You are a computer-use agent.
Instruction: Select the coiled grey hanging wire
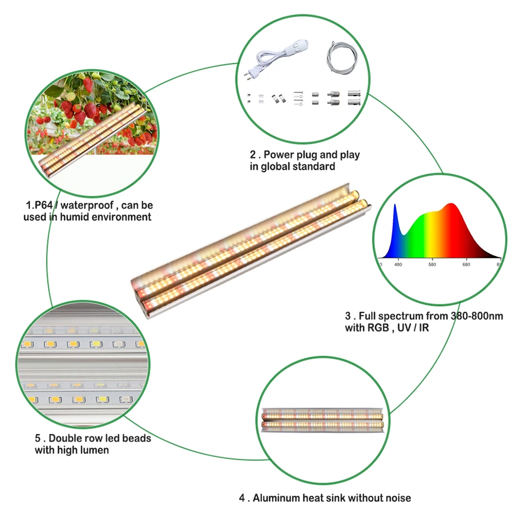341,57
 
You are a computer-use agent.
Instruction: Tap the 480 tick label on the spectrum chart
398,265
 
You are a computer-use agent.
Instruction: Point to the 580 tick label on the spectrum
432,265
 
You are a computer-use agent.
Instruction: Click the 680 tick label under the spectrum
466,265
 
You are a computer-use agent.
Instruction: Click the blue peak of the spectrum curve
395,205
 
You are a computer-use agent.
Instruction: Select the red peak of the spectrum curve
451,204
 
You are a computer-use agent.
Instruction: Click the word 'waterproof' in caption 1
87,205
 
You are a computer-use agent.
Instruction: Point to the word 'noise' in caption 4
397,498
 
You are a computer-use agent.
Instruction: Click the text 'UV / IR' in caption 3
413,328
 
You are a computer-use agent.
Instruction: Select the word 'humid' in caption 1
75,217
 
